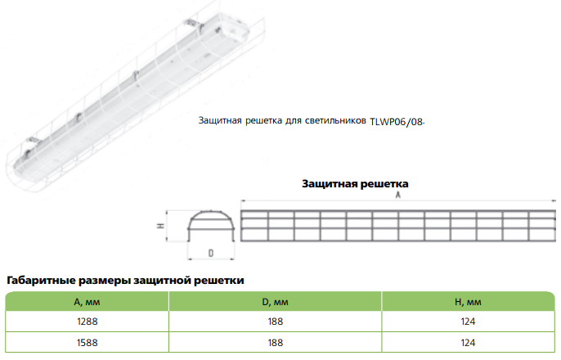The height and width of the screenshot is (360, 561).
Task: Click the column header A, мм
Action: (x=87, y=303)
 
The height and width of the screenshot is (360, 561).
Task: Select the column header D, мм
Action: (x=275, y=303)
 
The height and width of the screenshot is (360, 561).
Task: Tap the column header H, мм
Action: (x=468, y=303)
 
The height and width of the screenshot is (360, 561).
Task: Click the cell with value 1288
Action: (x=88, y=322)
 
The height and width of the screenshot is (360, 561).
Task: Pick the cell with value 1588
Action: (x=88, y=343)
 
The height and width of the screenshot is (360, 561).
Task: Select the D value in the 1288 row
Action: (x=276, y=322)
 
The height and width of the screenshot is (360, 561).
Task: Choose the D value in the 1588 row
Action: (x=276, y=343)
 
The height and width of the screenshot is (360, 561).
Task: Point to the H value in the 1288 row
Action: (x=468, y=322)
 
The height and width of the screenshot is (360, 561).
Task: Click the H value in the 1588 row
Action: (x=468, y=343)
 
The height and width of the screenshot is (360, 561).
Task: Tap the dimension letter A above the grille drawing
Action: (x=397, y=195)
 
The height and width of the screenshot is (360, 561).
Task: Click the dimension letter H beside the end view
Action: (x=161, y=226)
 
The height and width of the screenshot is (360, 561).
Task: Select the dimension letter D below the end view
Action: (x=211, y=254)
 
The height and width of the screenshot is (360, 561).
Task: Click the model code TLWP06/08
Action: (x=397, y=122)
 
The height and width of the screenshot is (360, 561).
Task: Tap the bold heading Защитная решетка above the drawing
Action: (x=355, y=184)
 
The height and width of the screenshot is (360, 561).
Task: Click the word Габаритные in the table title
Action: (x=41, y=280)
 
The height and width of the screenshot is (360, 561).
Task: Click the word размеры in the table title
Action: (x=105, y=281)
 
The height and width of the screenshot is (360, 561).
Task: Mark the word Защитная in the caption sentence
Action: (x=220, y=120)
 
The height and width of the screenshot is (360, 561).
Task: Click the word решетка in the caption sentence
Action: (x=263, y=121)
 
